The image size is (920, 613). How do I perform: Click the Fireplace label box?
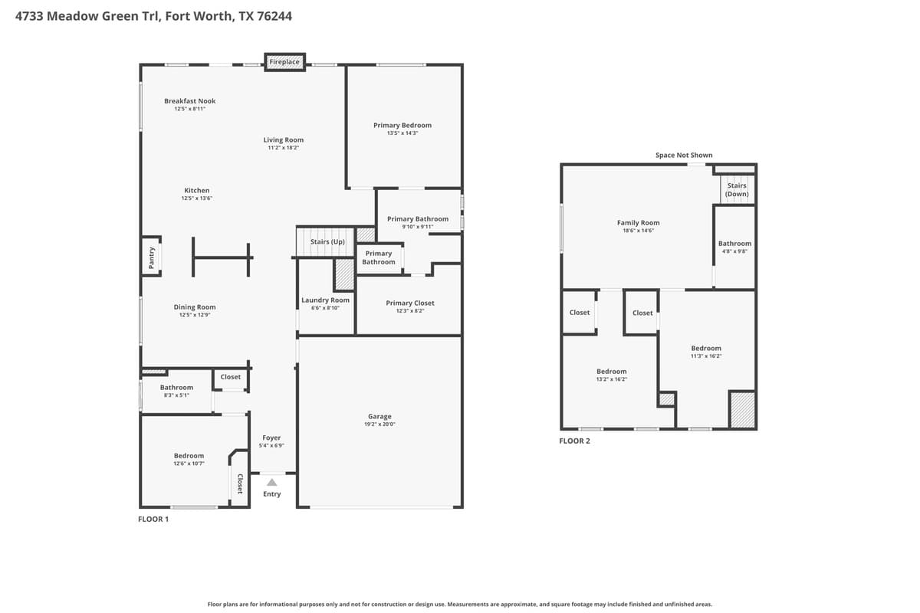[x=284, y=61]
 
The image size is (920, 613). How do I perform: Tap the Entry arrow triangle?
[x=271, y=482]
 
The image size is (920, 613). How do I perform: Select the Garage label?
[x=379, y=416]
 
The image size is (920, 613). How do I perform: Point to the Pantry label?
[x=152, y=256]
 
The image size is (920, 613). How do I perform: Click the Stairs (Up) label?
[x=327, y=241]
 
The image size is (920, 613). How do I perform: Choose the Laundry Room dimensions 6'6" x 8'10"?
[x=325, y=307]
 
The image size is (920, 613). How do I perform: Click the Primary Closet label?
[x=410, y=303]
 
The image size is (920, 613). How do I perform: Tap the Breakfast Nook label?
[x=189, y=100]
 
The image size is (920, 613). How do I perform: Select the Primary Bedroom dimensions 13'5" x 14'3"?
[x=402, y=133]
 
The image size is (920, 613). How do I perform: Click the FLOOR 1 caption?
[x=153, y=520]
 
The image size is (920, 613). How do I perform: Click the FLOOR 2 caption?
[x=574, y=441]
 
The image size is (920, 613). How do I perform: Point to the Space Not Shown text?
[x=684, y=155]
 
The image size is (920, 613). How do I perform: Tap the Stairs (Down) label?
[x=737, y=189]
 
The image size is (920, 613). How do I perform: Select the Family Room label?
[x=638, y=222]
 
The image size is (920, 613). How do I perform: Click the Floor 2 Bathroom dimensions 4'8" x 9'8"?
[x=734, y=251]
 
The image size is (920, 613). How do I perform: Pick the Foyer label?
[x=271, y=438]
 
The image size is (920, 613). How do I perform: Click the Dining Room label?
[x=195, y=306]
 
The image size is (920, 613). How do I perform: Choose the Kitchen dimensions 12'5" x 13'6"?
[x=196, y=198]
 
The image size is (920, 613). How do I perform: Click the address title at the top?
[x=153, y=15]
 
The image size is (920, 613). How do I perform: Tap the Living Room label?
[x=284, y=139]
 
